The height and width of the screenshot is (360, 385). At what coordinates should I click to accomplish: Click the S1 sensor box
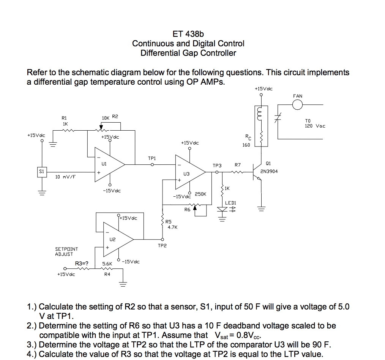pyautogui.click(x=42, y=172)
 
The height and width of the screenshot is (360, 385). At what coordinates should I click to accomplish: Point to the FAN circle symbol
pyautogui.click(x=298, y=105)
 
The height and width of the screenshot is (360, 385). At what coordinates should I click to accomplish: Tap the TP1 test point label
pyautogui.click(x=152, y=158)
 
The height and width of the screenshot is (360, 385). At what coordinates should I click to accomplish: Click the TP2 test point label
pyautogui.click(x=162, y=246)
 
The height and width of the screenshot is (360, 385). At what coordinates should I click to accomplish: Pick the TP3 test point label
pyautogui.click(x=217, y=166)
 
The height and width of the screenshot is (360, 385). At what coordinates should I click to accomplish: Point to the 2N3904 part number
pyautogui.click(x=269, y=171)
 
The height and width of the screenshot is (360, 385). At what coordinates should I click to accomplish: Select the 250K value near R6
pyautogui.click(x=200, y=194)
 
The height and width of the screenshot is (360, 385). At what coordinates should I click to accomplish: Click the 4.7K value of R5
pyautogui.click(x=172, y=227)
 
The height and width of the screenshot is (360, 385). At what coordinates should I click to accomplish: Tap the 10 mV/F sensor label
pyautogui.click(x=65, y=177)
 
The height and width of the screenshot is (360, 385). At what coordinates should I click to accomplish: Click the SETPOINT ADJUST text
pyautogui.click(x=66, y=251)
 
